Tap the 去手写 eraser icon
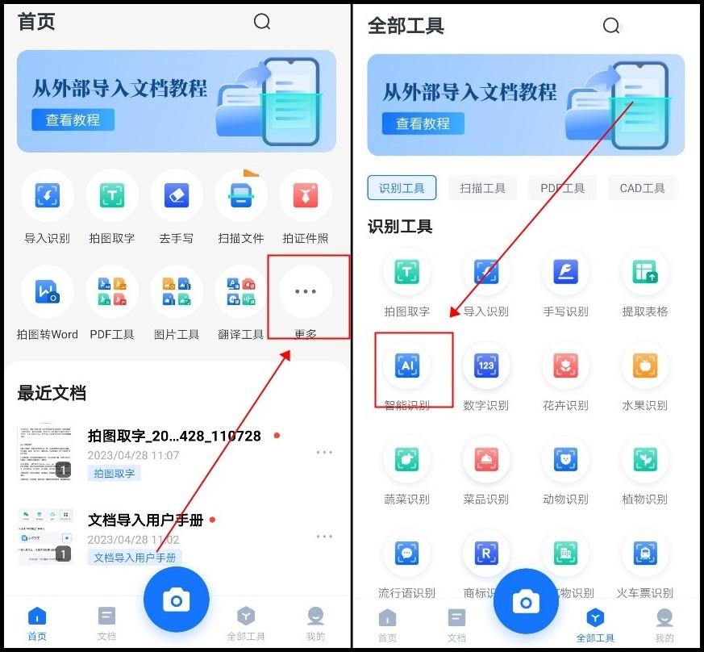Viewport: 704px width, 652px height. click(x=176, y=195)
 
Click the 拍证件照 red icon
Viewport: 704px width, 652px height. click(x=306, y=195)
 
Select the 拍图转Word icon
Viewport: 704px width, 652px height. click(x=47, y=291)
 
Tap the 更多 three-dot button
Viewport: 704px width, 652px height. click(x=306, y=291)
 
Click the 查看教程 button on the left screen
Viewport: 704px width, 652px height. click(x=73, y=120)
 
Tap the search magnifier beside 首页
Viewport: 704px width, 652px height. click(x=262, y=22)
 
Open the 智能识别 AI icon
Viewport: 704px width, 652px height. click(x=407, y=366)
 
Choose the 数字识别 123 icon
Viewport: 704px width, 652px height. click(x=486, y=366)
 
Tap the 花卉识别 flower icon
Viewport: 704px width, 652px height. click(x=565, y=366)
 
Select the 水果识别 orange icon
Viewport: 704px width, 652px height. click(x=644, y=366)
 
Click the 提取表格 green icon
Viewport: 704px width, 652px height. click(x=644, y=272)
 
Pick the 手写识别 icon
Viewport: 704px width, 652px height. click(x=565, y=272)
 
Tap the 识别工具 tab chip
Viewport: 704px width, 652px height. click(x=402, y=188)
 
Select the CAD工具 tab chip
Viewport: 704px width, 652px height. click(x=643, y=188)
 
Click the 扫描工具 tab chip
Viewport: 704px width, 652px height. click(x=483, y=188)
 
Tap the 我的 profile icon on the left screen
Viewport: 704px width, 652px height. click(x=316, y=617)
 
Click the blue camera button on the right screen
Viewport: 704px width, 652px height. click(x=526, y=601)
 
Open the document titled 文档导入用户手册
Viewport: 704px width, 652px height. click(x=145, y=520)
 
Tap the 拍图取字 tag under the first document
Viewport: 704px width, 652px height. click(x=114, y=474)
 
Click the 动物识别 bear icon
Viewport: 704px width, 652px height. click(x=565, y=460)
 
